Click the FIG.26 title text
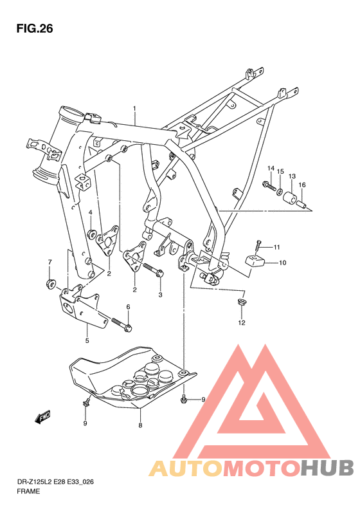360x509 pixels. [33, 29]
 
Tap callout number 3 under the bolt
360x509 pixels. [161, 295]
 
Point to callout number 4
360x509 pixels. [91, 213]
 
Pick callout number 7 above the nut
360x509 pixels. [50, 262]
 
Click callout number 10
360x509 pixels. [283, 263]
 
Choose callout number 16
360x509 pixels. [302, 185]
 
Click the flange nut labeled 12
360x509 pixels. [242, 302]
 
